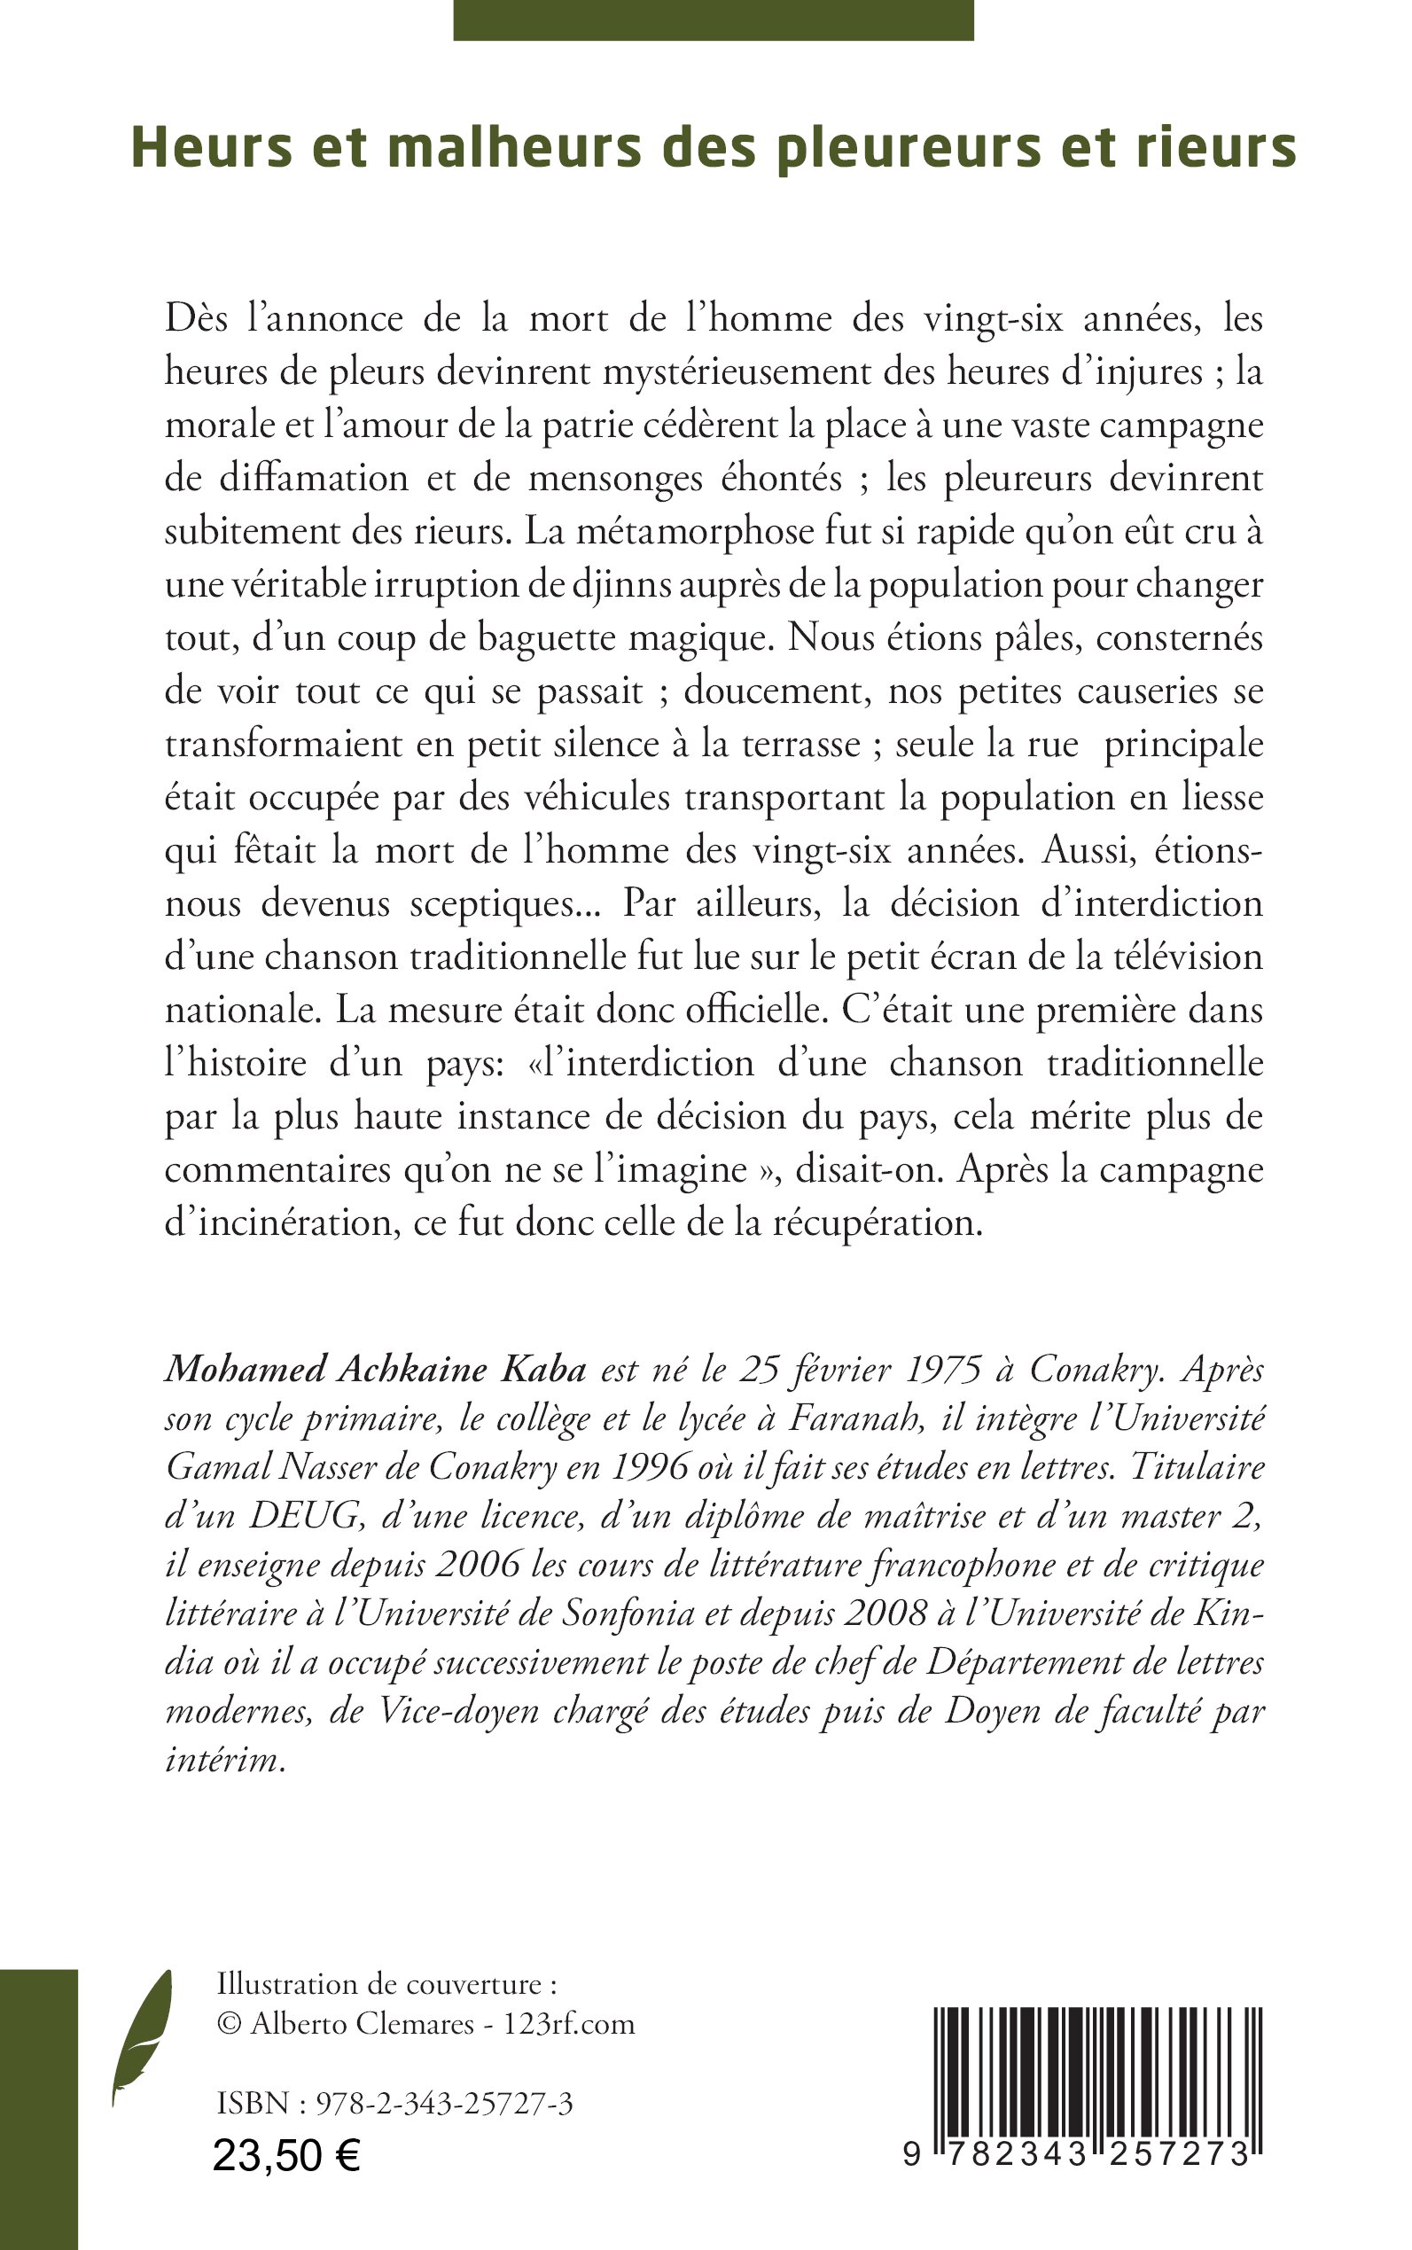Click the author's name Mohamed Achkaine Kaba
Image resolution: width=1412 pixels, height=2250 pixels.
point(376,1370)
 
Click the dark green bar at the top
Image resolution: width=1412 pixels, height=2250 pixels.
point(714,20)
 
